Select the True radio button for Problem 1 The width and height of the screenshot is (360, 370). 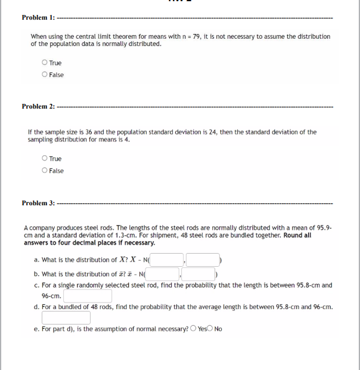[x=45, y=63]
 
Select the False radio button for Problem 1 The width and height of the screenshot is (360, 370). [x=45, y=75]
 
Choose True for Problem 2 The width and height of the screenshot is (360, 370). [x=45, y=159]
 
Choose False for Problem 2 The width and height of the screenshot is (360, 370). [x=45, y=171]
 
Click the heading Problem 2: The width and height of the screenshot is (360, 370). [x=38, y=106]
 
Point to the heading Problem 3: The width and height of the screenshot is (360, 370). [x=38, y=203]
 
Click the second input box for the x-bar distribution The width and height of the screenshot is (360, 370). [x=200, y=274]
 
